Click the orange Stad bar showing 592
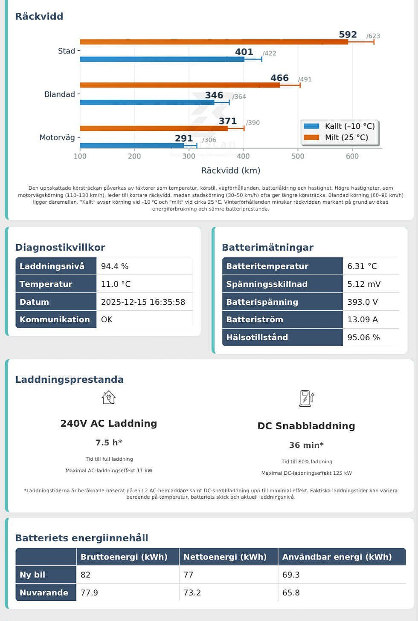[x=213, y=42]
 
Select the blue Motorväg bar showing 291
[x=132, y=145]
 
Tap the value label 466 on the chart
[x=279, y=78]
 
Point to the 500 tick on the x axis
[x=298, y=156]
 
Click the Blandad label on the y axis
[x=60, y=94]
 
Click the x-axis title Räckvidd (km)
[x=231, y=170]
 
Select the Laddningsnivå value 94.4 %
[x=115, y=266]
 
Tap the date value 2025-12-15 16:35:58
[x=143, y=302]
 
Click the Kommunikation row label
[x=55, y=319]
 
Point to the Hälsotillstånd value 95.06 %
[x=363, y=337]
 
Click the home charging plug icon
[x=109, y=398]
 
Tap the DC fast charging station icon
[x=306, y=398]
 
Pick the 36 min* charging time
[x=306, y=445]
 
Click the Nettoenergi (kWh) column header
[x=225, y=557]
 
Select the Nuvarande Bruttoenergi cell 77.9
[x=89, y=592]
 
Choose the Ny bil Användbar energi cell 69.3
[x=291, y=575]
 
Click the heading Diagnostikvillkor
[x=60, y=247]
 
